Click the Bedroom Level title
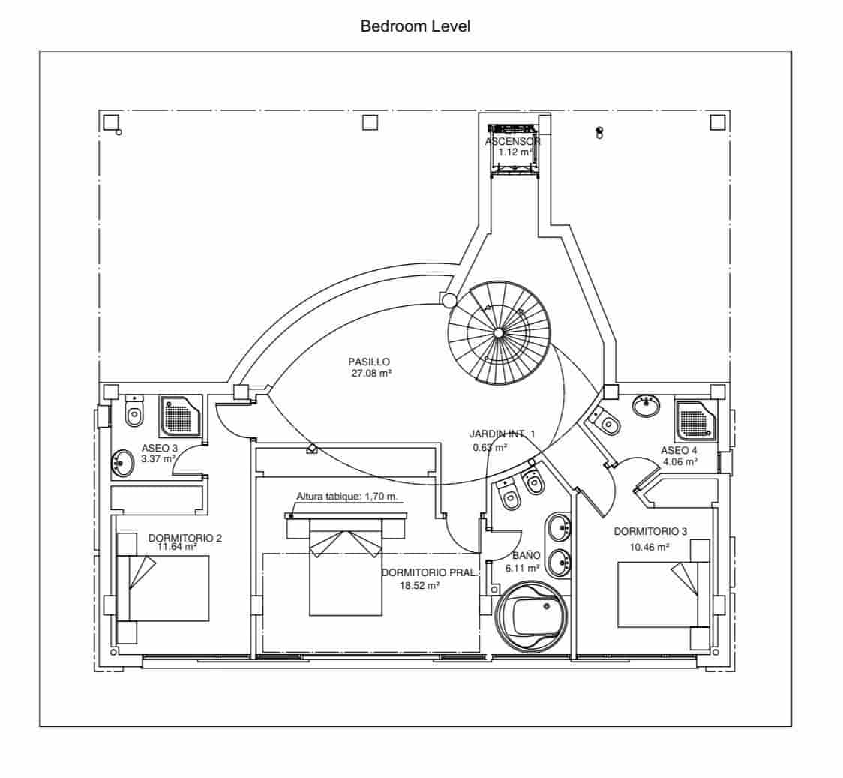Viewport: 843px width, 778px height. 415,26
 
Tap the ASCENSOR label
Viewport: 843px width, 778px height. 512,141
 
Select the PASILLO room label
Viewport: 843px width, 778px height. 369,362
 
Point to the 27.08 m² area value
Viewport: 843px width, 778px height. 371,373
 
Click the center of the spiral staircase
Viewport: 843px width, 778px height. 498,332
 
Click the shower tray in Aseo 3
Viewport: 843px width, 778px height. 180,415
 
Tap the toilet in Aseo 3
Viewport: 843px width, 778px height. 134,412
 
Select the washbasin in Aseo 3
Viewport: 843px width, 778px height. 121,462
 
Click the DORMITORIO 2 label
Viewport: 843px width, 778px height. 184,538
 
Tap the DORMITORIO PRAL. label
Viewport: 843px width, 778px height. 428,573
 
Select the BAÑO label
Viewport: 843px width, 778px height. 526,556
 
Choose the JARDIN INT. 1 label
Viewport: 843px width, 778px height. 502,434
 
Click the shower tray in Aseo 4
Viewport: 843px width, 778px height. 697,419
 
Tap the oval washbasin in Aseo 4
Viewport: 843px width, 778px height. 646,406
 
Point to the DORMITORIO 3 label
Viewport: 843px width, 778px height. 649,532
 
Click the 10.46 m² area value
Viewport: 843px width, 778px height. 649,547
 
